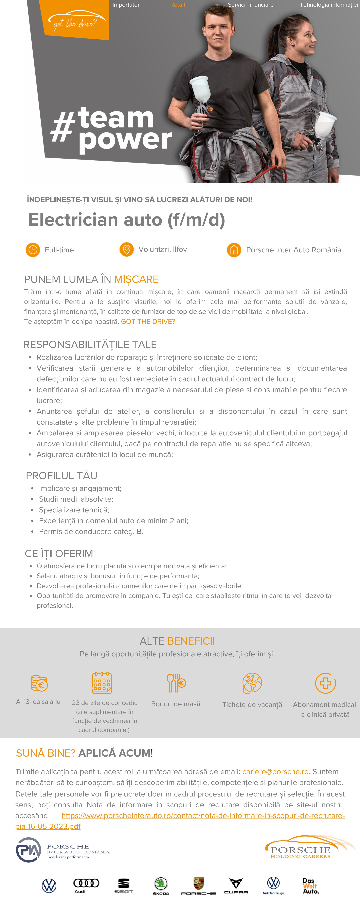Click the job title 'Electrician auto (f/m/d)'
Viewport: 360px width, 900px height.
(127, 220)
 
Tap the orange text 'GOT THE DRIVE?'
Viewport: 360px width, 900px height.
(148, 321)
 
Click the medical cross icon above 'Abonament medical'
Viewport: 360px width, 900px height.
(325, 683)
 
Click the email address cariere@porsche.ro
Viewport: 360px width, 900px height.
(275, 771)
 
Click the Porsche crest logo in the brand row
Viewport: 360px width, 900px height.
(199, 883)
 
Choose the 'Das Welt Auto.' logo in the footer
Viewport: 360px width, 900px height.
(310, 886)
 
